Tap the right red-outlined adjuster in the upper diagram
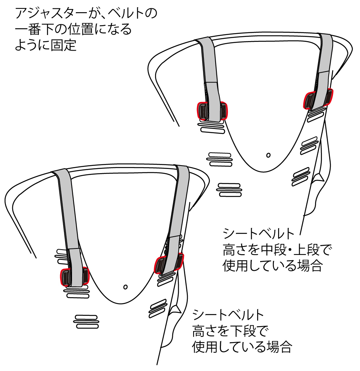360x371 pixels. (318, 99)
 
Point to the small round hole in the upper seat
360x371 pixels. (269, 155)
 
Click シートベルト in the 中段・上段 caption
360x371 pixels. (259, 233)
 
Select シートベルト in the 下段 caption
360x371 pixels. (229, 314)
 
